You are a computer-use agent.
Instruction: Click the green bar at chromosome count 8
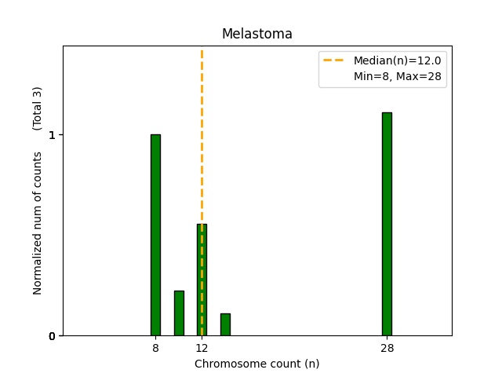tap(155, 235)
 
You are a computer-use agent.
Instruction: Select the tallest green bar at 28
tap(387, 224)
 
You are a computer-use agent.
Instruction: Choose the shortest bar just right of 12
tap(225, 324)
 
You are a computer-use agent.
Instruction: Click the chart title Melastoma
tap(256, 34)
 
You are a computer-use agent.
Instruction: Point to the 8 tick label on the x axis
tap(155, 348)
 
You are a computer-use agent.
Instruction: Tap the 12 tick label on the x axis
tap(202, 348)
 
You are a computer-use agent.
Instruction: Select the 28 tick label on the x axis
tap(387, 348)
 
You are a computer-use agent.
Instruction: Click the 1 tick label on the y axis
tap(52, 135)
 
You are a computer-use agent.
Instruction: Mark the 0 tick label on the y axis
tap(52, 336)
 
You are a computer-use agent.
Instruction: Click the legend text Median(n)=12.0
tap(397, 60)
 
